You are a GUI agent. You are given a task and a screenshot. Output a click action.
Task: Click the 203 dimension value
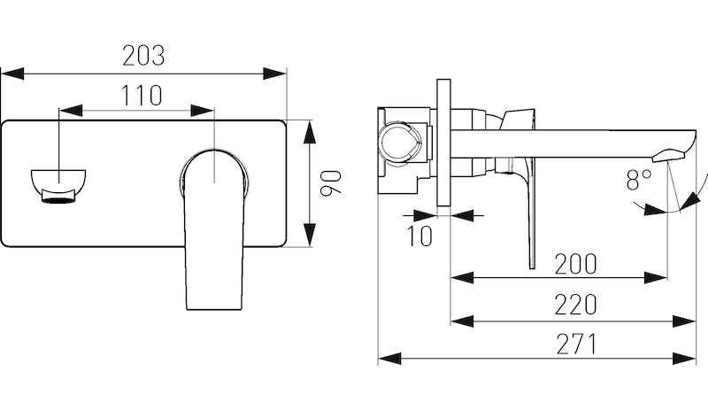(x=143, y=56)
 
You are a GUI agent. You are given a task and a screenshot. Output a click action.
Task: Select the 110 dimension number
(x=142, y=96)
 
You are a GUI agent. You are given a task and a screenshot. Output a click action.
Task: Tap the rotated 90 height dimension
(x=330, y=182)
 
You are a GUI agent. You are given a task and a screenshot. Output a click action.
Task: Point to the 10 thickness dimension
(x=419, y=236)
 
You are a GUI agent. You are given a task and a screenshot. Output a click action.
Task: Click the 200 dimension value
(x=575, y=264)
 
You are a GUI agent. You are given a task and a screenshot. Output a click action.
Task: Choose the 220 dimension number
(x=575, y=305)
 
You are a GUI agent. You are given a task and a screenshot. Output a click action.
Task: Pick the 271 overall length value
(x=576, y=344)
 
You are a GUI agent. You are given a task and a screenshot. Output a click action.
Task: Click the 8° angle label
(x=639, y=180)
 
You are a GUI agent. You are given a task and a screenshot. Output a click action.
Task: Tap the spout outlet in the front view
(x=58, y=186)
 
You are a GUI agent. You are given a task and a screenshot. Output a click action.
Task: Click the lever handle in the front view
(x=213, y=228)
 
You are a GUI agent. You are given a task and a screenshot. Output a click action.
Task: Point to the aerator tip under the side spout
(x=668, y=155)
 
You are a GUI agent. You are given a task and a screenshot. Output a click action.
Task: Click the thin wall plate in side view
(x=443, y=143)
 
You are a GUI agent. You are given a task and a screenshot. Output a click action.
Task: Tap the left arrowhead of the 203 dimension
(x=12, y=73)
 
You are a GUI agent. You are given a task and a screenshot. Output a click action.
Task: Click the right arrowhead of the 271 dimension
(x=684, y=359)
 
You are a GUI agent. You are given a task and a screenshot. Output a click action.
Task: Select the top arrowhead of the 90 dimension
(x=309, y=132)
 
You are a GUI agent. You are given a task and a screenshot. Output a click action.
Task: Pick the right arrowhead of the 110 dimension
(x=202, y=111)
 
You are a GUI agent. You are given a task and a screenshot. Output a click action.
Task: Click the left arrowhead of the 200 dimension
(x=462, y=277)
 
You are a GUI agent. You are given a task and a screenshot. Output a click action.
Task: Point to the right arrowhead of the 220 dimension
(x=684, y=321)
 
